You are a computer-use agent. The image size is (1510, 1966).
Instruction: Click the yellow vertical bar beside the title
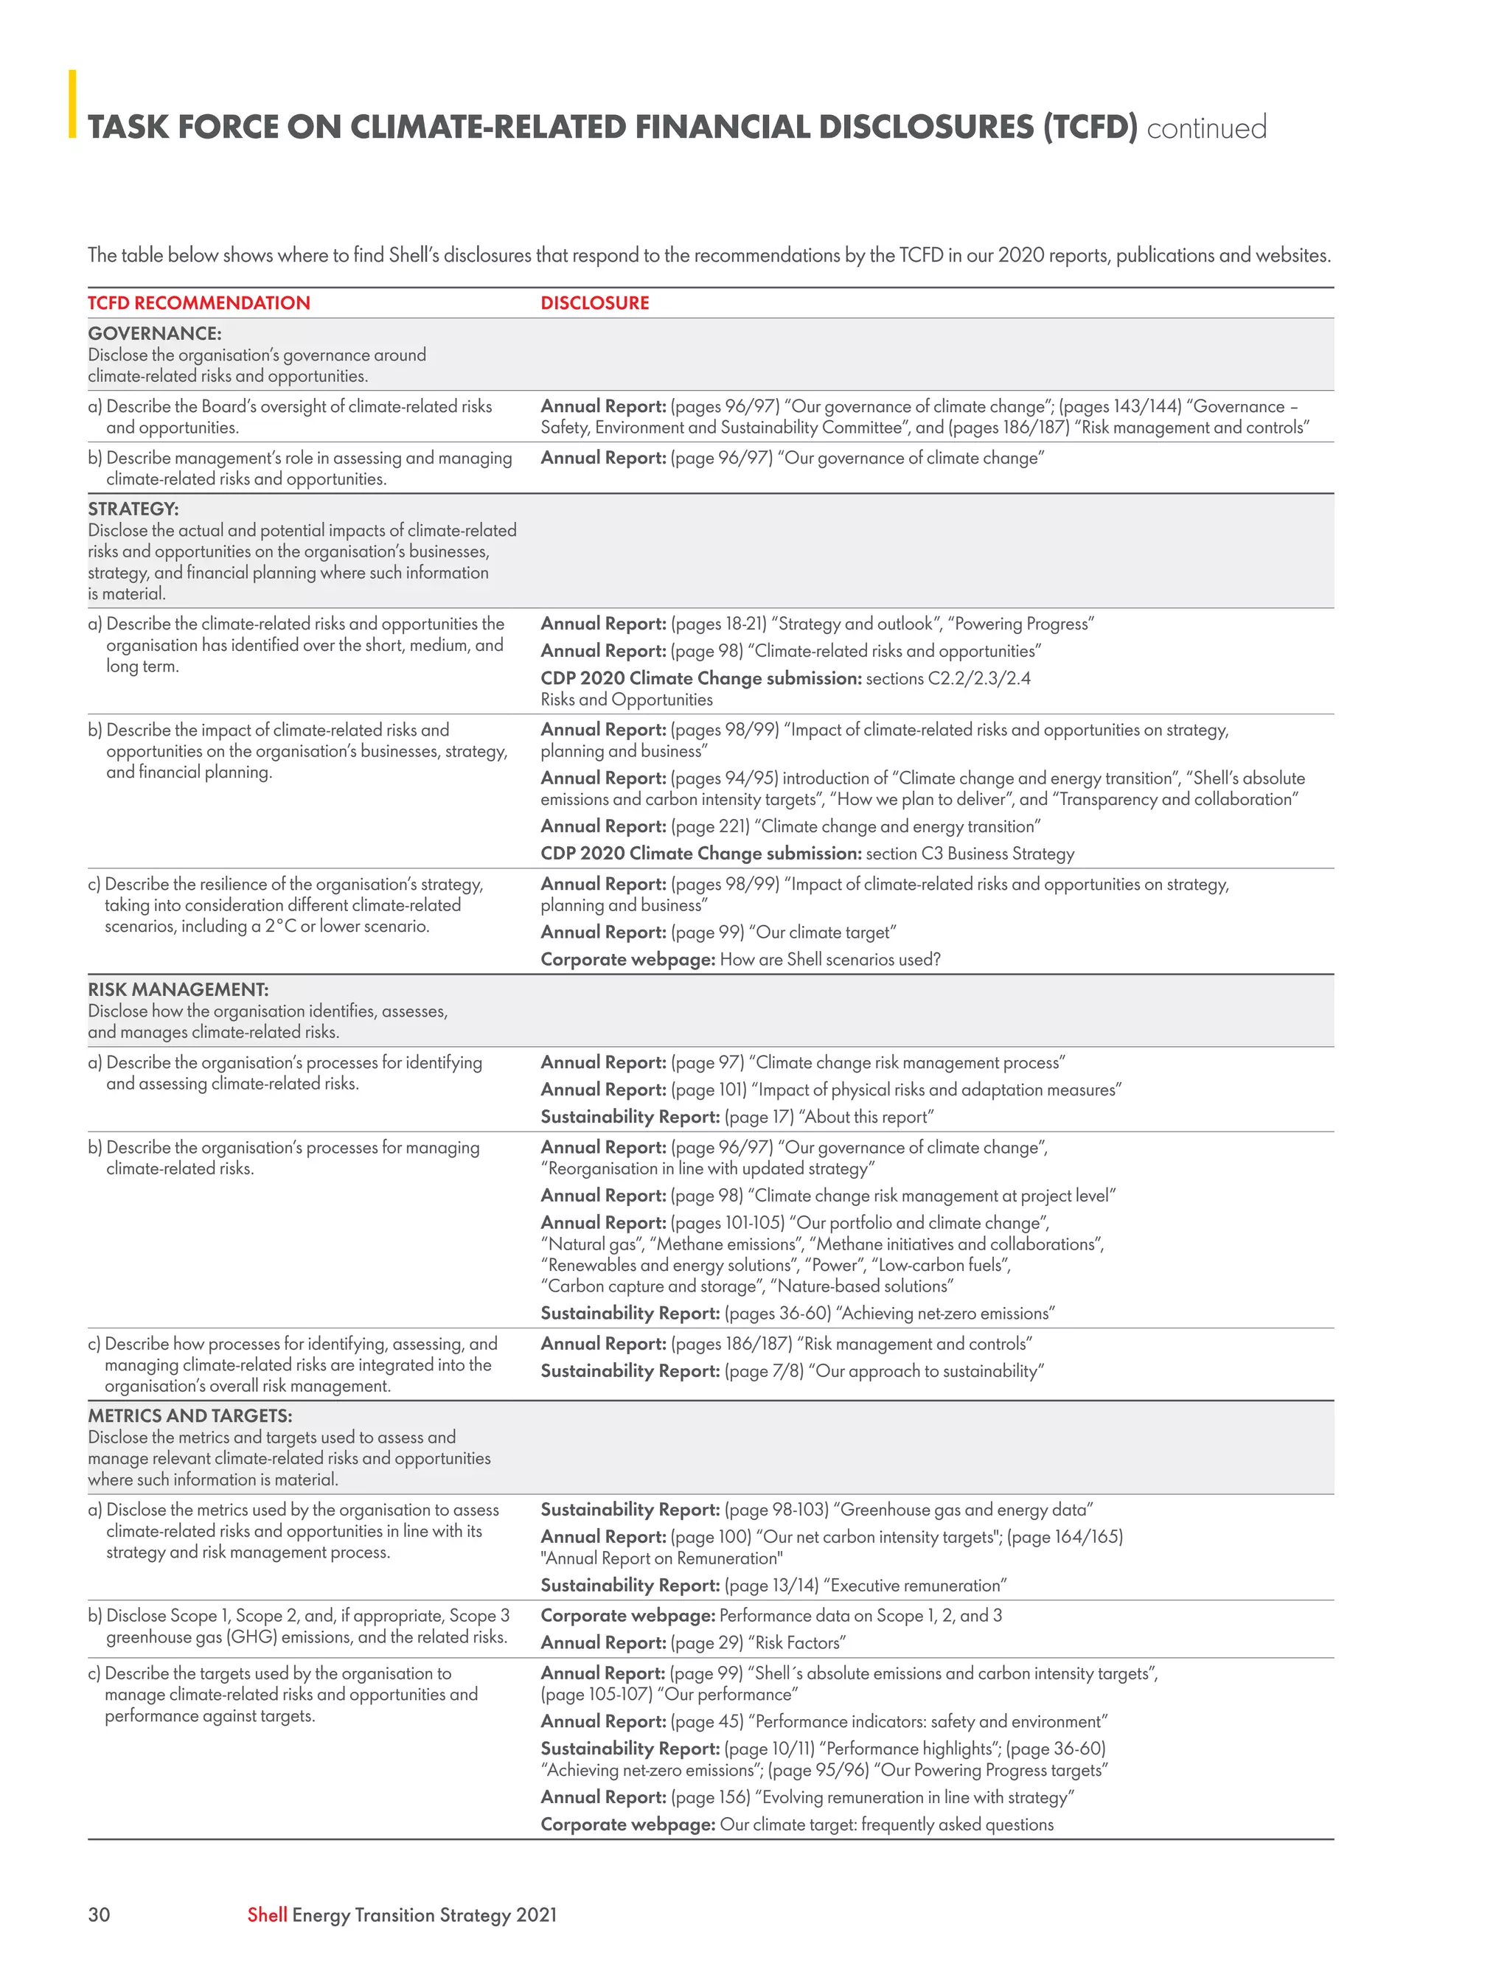[x=73, y=104]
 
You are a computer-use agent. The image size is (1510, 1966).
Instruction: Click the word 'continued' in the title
[x=1206, y=128]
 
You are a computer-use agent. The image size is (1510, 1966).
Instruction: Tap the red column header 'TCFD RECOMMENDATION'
[x=198, y=303]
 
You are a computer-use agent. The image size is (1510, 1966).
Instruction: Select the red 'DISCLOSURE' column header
[x=594, y=303]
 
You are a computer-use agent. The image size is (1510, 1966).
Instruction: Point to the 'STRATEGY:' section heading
[x=133, y=509]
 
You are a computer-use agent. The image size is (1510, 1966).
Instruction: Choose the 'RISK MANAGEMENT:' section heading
[x=178, y=989]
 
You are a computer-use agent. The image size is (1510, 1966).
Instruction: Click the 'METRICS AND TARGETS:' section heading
[x=189, y=1415]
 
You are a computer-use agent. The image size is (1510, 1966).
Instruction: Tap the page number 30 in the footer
[x=99, y=1914]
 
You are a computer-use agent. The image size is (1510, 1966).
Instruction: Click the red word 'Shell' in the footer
[x=267, y=1914]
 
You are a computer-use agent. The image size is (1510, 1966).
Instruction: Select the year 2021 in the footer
[x=537, y=1914]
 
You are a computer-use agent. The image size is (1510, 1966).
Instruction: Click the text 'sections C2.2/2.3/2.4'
[x=947, y=678]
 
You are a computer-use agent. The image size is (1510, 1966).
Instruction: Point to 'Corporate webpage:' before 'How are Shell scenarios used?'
[x=627, y=959]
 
